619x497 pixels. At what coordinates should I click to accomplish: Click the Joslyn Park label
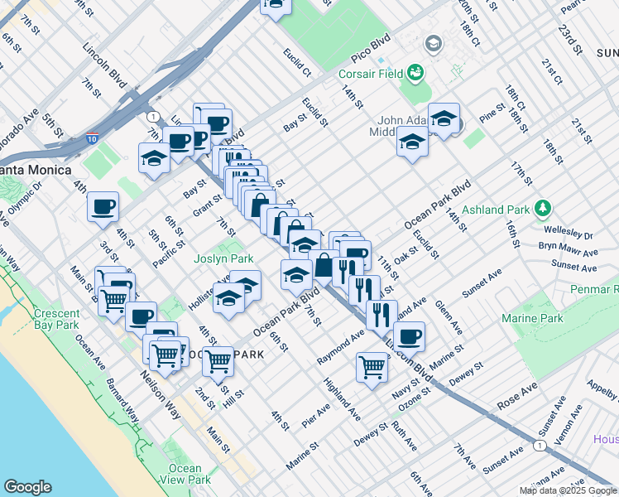coord(223,258)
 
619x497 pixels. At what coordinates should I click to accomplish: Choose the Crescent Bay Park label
coord(57,320)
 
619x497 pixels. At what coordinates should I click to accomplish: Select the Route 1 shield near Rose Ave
coord(540,446)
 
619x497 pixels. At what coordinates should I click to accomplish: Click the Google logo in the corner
coord(28,487)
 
